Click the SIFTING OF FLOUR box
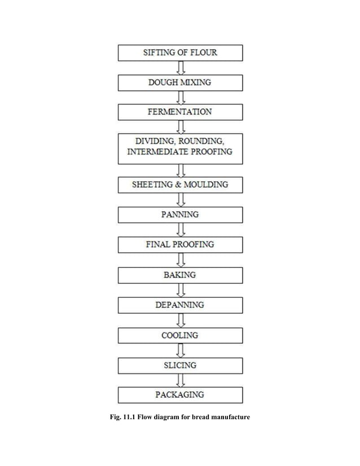pyautogui.click(x=180, y=53)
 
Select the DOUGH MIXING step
pyautogui.click(x=180, y=83)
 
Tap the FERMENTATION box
pyautogui.click(x=180, y=112)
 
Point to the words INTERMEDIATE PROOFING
pyautogui.click(x=180, y=152)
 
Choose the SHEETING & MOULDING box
pyautogui.click(x=180, y=184)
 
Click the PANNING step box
pyautogui.click(x=180, y=215)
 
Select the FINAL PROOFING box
pyautogui.click(x=180, y=245)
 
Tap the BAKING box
pyautogui.click(x=180, y=275)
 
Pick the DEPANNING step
pyautogui.click(x=180, y=305)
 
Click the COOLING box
pyautogui.click(x=180, y=335)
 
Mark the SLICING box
pyautogui.click(x=180, y=365)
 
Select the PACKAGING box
pyautogui.click(x=180, y=395)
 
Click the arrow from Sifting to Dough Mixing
pyautogui.click(x=181, y=68)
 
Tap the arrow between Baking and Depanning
pyautogui.click(x=181, y=290)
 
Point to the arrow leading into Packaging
pyautogui.click(x=181, y=380)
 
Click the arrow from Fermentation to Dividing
pyautogui.click(x=181, y=127)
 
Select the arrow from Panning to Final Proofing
pyautogui.click(x=181, y=230)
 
